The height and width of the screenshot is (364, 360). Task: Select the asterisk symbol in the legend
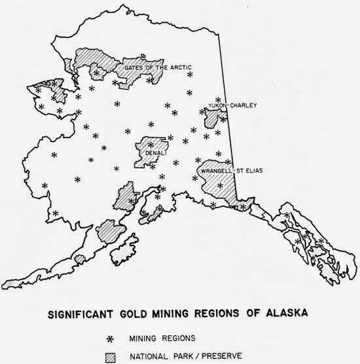click(x=119, y=338)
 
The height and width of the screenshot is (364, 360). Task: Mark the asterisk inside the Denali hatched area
click(x=151, y=143)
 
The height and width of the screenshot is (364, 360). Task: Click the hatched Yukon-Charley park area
click(x=211, y=120)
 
